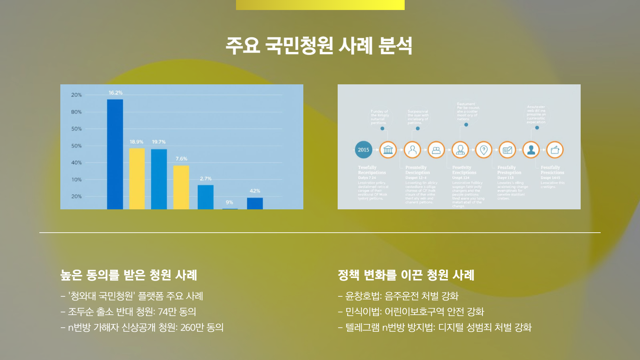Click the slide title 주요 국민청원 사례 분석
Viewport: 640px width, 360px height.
pos(319,46)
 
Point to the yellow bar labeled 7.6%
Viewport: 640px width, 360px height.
pos(181,187)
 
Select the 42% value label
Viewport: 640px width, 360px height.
pos(255,191)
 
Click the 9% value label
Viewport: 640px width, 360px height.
pos(229,202)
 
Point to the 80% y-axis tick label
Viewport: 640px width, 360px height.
pos(76,112)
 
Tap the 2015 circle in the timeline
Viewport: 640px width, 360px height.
pos(363,150)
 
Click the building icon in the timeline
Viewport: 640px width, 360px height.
pos(388,150)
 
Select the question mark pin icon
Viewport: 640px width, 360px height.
pos(484,150)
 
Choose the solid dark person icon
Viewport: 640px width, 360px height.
pos(531,150)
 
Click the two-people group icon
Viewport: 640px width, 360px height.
pos(436,150)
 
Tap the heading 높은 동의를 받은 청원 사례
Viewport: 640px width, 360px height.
pos(129,275)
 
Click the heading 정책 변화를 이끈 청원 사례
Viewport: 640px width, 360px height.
pos(406,275)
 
